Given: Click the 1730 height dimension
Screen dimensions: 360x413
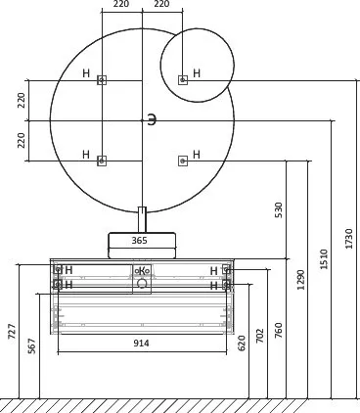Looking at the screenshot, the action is coord(349,239).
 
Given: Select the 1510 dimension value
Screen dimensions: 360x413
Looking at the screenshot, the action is coord(324,259).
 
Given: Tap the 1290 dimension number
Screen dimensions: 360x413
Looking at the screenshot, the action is coord(300,280).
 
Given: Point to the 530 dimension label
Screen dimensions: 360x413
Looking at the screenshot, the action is coord(279,210).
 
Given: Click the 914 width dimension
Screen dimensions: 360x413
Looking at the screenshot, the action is coord(141,344).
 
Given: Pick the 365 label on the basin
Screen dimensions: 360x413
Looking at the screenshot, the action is coord(139,241).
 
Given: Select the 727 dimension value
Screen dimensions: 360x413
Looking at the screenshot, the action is coord(12,331).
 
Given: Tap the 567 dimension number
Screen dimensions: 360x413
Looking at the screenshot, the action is coord(31,345).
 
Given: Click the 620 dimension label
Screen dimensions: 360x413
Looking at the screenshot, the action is coord(242,344).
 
